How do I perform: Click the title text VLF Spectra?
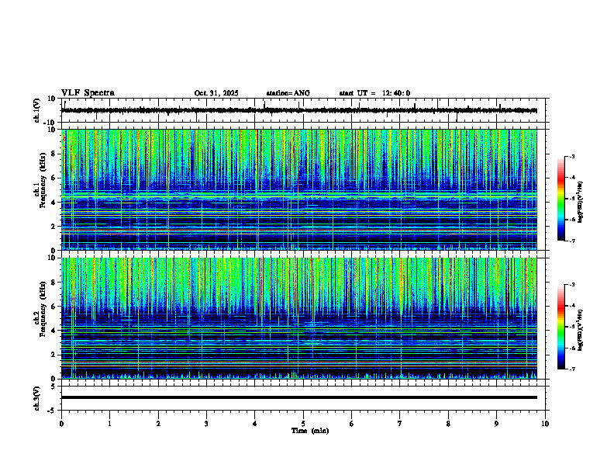click(x=88, y=93)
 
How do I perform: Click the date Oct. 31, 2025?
click(x=216, y=93)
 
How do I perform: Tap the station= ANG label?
click(x=288, y=93)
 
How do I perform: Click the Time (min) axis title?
click(x=309, y=430)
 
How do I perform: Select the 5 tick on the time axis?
click(x=303, y=424)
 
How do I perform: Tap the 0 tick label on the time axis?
click(x=61, y=424)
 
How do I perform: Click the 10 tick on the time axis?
click(x=545, y=424)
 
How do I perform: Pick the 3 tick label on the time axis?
click(x=206, y=424)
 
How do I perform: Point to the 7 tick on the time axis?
click(x=400, y=424)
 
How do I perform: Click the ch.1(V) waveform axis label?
click(x=37, y=110)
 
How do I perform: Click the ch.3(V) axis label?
click(x=37, y=397)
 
